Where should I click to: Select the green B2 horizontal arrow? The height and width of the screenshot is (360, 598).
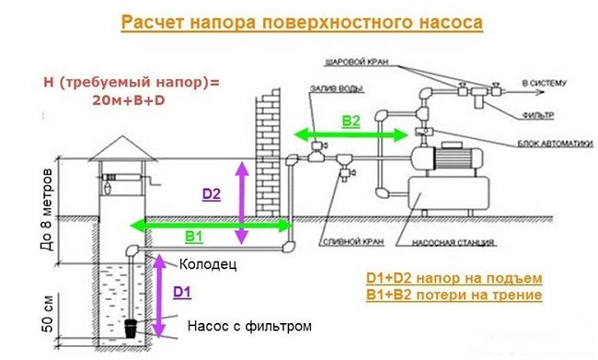click(x=351, y=135)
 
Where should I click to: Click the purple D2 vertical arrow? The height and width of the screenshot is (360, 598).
click(x=240, y=203)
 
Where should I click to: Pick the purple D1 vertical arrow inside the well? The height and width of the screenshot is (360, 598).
click(x=157, y=296)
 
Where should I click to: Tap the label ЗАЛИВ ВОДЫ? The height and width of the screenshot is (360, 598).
click(x=334, y=87)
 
